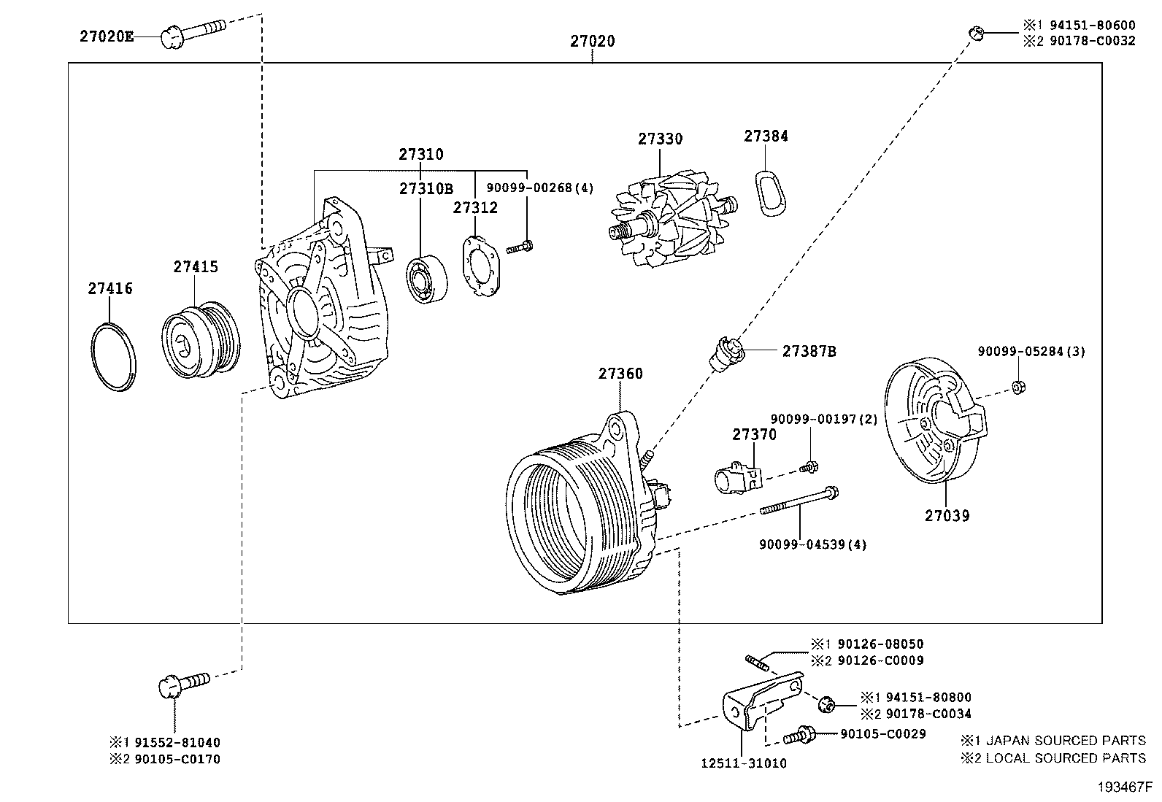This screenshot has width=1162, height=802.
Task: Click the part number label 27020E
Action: click(x=107, y=36)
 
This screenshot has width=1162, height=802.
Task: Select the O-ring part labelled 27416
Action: click(x=114, y=357)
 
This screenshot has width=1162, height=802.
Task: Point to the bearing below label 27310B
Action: click(x=426, y=279)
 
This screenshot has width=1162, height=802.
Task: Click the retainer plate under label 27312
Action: click(x=481, y=263)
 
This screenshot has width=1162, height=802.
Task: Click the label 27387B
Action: click(x=809, y=351)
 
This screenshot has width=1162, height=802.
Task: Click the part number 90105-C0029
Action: click(x=882, y=734)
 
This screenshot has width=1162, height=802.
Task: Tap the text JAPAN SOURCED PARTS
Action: click(x=1065, y=740)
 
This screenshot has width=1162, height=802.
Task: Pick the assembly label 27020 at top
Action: click(x=592, y=42)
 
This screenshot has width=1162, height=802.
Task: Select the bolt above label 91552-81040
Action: click(x=182, y=684)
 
